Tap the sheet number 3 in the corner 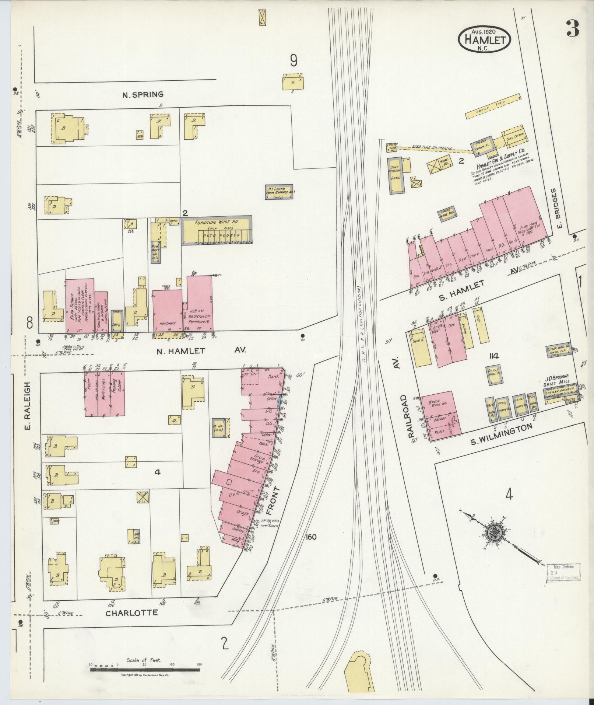[573, 29]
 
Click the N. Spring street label [143, 95]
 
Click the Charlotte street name [131, 613]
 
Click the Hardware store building [167, 310]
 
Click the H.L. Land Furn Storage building [280, 192]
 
